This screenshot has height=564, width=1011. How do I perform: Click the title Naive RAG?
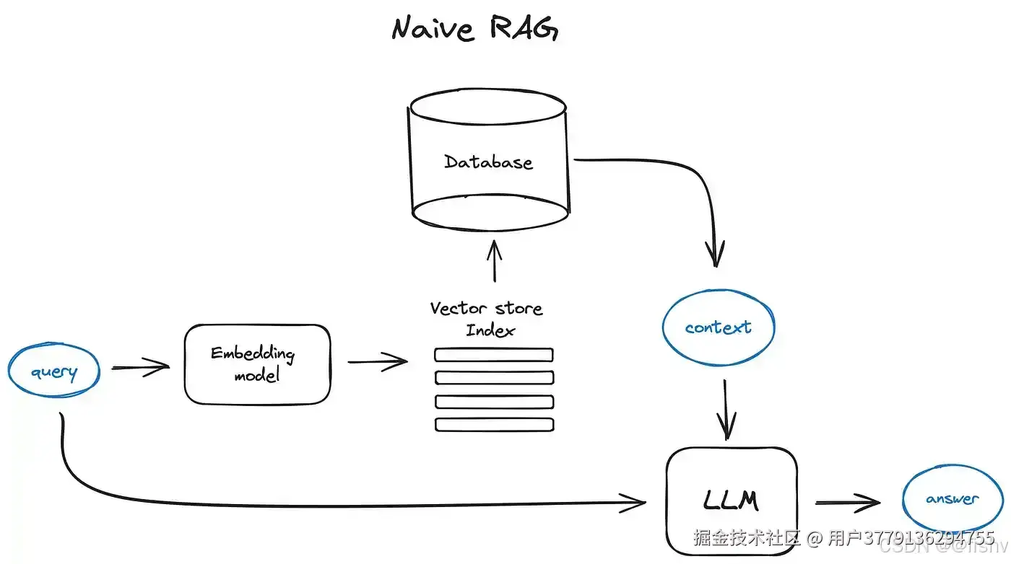pyautogui.click(x=474, y=29)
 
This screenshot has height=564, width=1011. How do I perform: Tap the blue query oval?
pyautogui.click(x=53, y=372)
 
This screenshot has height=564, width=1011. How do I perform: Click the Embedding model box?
pyautogui.click(x=257, y=364)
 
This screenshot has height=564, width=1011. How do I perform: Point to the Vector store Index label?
pyautogui.click(x=486, y=319)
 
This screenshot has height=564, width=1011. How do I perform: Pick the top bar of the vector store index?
pyautogui.click(x=494, y=355)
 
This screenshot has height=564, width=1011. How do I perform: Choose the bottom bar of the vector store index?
pyautogui.click(x=494, y=425)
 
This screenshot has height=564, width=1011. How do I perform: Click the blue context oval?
pyautogui.click(x=718, y=327)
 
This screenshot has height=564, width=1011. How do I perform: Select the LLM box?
pyautogui.click(x=731, y=500)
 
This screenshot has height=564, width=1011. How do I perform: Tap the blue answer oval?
pyautogui.click(x=952, y=499)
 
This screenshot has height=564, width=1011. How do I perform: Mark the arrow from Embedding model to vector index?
pyautogui.click(x=378, y=361)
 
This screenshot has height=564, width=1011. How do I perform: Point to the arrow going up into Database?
pyautogui.click(x=494, y=261)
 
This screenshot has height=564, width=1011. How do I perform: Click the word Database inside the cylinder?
pyautogui.click(x=488, y=162)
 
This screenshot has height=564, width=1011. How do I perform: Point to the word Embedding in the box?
pyautogui.click(x=253, y=353)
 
